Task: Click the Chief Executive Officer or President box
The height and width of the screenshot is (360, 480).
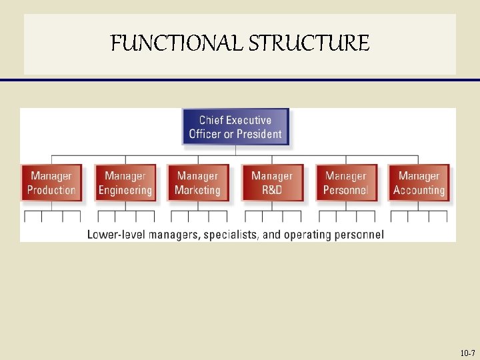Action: (235, 127)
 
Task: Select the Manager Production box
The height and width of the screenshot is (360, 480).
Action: (51, 183)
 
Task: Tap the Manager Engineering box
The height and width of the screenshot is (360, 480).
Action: (125, 183)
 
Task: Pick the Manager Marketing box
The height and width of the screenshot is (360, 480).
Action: (197, 183)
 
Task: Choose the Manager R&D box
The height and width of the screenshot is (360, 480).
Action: (272, 183)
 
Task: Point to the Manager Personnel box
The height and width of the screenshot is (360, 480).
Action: (345, 183)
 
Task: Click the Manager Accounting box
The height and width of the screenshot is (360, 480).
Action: (419, 183)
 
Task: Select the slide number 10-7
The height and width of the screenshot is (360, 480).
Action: (467, 353)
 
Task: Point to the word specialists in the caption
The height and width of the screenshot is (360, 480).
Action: (230, 234)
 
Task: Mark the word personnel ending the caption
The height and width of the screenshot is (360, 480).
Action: (359, 234)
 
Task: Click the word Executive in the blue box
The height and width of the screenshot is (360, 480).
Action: (249, 120)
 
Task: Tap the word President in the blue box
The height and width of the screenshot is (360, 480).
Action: (259, 134)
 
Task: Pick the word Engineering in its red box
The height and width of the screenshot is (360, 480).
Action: (125, 190)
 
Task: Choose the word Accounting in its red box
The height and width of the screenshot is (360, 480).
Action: (419, 190)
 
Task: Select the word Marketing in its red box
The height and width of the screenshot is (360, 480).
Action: (197, 190)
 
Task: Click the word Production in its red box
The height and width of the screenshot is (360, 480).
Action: (51, 190)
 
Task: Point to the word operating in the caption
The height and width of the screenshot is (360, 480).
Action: (307, 234)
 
